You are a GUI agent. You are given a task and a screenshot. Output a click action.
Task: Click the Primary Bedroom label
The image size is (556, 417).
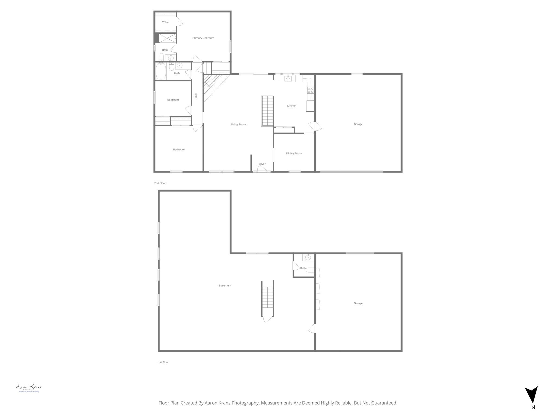coord(203,38)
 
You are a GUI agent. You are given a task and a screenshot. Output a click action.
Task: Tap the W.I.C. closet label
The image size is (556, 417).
coord(165,22)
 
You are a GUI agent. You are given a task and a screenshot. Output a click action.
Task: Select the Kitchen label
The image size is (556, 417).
coord(292,106)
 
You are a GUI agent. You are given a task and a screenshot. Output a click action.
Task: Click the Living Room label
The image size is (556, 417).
coord(238,125)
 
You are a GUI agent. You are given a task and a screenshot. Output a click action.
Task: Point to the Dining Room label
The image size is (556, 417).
coord(294,154)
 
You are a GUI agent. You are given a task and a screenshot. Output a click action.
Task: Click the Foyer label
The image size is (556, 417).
coord(262,164)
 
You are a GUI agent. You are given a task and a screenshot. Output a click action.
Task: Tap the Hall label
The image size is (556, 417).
coord(196,96)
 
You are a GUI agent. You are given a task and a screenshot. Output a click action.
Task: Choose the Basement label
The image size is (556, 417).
coord(225,286)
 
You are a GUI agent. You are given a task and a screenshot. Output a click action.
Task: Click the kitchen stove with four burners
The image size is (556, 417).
coord(310,90)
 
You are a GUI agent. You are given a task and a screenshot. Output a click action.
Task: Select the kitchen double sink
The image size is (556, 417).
coord(288,79)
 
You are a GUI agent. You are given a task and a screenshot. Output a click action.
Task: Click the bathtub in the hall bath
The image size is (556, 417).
coord(161,71)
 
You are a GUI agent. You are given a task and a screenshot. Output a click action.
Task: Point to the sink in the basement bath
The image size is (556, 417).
coord(308,257)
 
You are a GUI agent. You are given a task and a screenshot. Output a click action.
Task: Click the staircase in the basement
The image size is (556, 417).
coord(268,299)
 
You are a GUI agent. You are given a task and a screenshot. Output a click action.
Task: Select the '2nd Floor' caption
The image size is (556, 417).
coord(160,183)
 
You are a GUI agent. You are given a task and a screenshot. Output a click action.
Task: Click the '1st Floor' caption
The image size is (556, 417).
coord(163,362)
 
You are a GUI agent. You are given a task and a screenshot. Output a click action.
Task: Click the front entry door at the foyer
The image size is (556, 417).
coord(262,170)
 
